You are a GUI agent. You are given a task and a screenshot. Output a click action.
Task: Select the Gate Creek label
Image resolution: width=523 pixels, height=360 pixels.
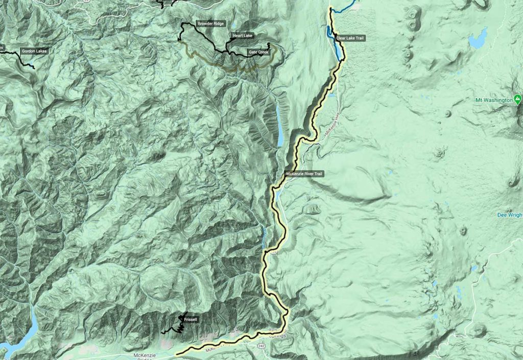point(258,52)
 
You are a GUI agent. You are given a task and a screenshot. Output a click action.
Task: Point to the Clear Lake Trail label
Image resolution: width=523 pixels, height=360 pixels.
point(351,38)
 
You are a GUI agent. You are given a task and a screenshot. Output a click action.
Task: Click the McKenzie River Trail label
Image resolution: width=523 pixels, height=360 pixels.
point(304,174)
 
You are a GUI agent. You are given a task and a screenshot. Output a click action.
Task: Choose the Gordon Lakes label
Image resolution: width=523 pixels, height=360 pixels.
point(34,51)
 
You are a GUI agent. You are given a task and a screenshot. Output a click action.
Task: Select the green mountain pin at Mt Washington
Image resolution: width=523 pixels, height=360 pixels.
point(518,98)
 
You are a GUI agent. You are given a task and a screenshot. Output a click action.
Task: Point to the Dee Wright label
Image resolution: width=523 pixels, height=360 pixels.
point(510,215)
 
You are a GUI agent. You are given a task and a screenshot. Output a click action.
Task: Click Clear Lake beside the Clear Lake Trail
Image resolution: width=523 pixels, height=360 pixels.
point(337,49)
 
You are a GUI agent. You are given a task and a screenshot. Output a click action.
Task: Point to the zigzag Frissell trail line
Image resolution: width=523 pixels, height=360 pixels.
point(180,326)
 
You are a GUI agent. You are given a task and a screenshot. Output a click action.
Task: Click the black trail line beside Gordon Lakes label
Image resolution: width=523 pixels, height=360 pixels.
point(26,59)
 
